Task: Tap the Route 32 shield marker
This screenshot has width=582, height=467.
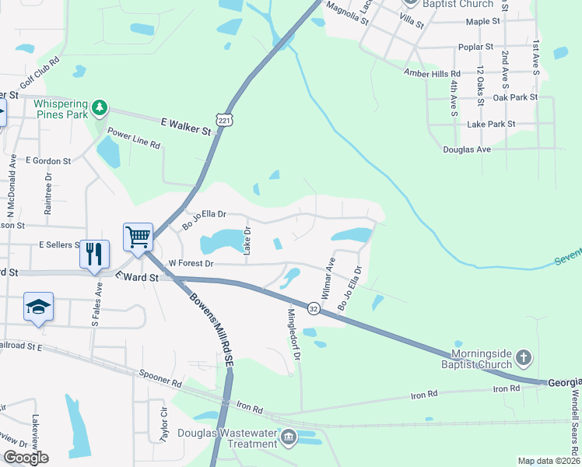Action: pyautogui.click(x=313, y=309)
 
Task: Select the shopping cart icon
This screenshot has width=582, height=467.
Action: pyautogui.click(x=138, y=237)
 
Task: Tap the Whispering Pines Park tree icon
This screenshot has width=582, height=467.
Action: pyautogui.click(x=99, y=107)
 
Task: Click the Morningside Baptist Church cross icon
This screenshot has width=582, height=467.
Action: pyautogui.click(x=524, y=358)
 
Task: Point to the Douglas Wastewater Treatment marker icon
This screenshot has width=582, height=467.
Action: pyautogui.click(x=289, y=437)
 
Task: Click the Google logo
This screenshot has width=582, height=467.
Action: pyautogui.click(x=25, y=458)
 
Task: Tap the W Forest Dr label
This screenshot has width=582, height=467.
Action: pyautogui.click(x=191, y=264)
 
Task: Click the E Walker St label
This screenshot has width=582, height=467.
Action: pyautogui.click(x=187, y=126)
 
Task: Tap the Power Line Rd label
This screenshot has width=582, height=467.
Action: pyautogui.click(x=134, y=139)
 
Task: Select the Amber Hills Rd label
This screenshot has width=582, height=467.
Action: pyautogui.click(x=432, y=73)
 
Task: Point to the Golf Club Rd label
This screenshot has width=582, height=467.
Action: pyautogui.click(x=44, y=69)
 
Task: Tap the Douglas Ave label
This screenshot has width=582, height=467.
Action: pyautogui.click(x=467, y=149)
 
